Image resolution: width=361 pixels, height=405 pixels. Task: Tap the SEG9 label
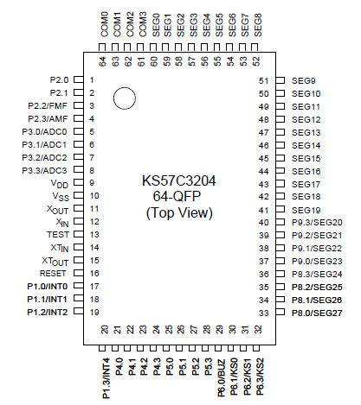pos(306,79)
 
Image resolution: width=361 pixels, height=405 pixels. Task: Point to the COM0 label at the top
pos(104,23)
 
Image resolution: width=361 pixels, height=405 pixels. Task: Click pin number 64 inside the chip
pos(103,60)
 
